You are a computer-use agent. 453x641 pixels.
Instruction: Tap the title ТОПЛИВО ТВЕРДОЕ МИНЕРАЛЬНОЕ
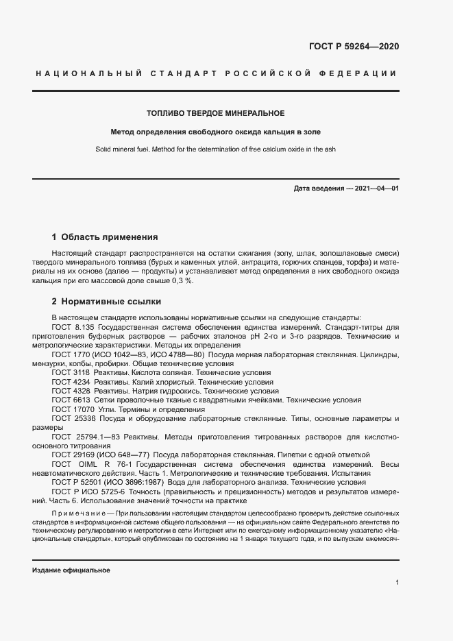216,112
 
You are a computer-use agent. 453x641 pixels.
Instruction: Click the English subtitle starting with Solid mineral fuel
216,149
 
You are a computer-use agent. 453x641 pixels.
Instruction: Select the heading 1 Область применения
105,237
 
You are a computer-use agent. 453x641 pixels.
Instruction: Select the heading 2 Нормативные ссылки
107,301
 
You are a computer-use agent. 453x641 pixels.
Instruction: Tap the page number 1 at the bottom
397,582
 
